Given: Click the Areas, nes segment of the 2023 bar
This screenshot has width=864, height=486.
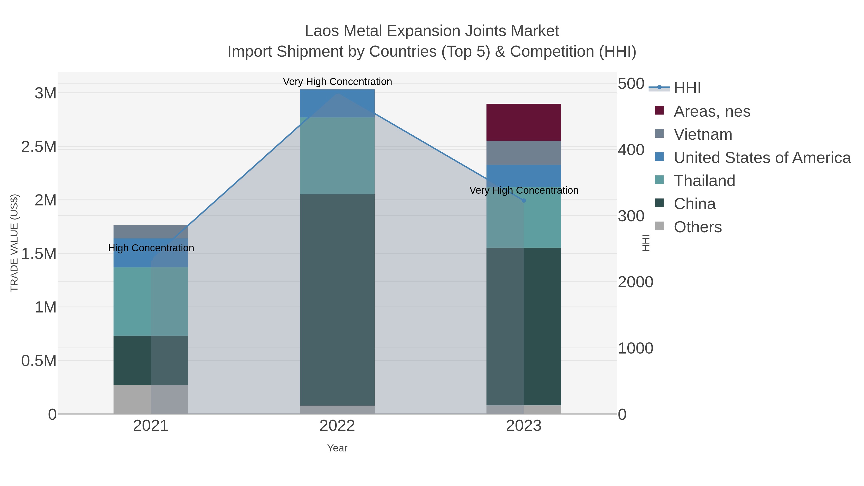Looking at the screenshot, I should (x=524, y=122).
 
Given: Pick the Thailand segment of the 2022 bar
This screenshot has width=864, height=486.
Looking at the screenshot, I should (x=337, y=156).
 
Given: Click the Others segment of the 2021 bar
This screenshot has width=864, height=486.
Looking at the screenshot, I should (x=150, y=399).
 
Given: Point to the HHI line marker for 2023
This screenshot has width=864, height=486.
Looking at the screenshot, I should (x=524, y=201).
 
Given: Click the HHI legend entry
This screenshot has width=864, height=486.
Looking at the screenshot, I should (x=687, y=88).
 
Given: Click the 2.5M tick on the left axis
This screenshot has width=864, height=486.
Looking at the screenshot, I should (x=39, y=147).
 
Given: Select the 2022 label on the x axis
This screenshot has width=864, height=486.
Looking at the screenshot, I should (x=337, y=426).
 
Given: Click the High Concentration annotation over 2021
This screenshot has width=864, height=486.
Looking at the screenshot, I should (x=151, y=248).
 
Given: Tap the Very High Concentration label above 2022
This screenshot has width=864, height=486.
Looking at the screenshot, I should (x=337, y=82).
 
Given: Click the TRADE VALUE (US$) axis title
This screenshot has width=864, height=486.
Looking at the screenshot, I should (x=14, y=243).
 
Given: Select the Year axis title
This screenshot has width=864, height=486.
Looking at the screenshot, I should (x=337, y=448).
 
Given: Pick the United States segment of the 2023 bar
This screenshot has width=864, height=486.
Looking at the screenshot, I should (x=524, y=176).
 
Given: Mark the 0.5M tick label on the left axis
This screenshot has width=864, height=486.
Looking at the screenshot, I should (x=39, y=361).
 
